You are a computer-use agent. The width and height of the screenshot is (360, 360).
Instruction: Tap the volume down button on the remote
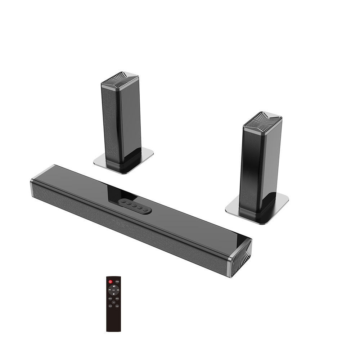[113, 294]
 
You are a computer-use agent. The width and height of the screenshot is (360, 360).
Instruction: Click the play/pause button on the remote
[113, 290]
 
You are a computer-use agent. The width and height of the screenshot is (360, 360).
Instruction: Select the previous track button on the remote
[109, 290]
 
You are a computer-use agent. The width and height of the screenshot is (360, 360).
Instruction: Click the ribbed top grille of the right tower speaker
[262, 118]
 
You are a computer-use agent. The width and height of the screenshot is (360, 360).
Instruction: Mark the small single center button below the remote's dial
[113, 303]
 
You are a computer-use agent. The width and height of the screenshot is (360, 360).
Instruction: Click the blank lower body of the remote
[113, 320]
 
